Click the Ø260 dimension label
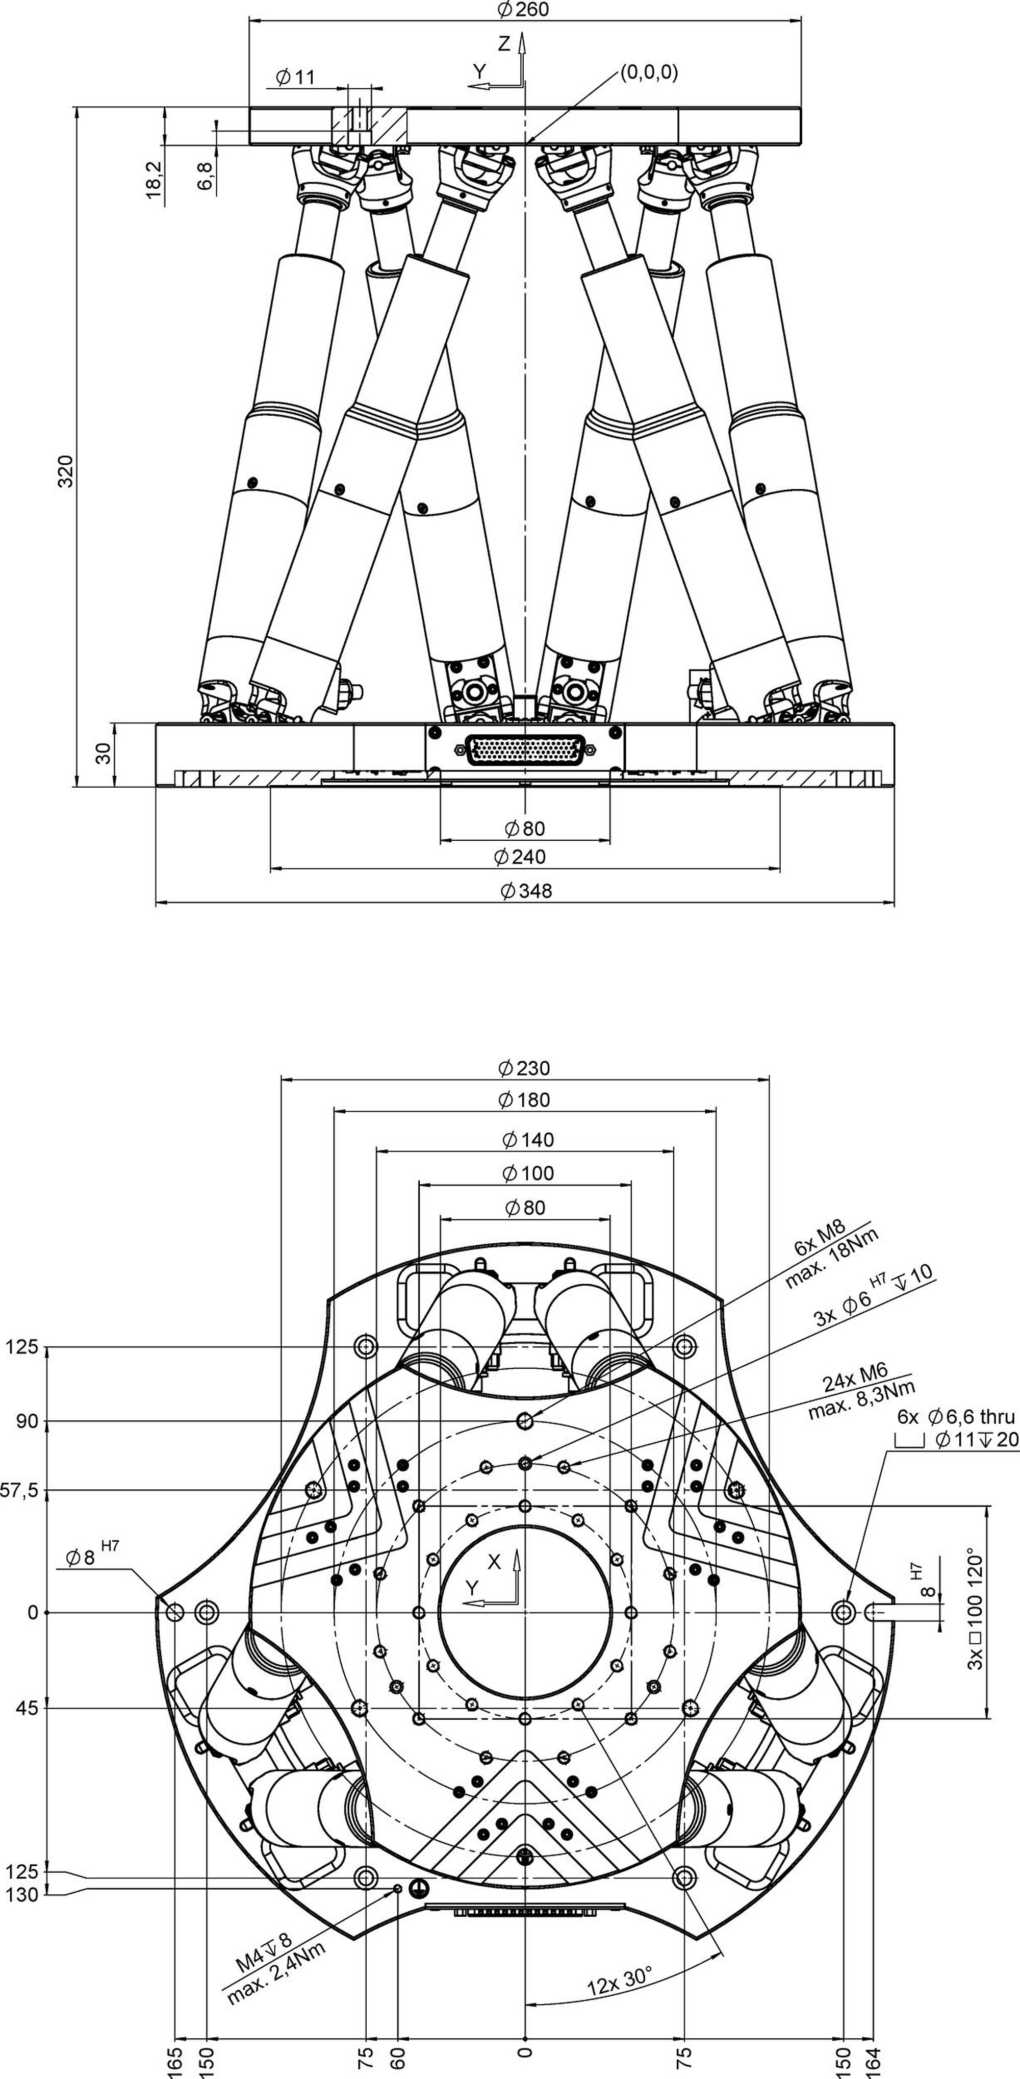click(x=524, y=10)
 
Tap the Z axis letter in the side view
click(x=504, y=44)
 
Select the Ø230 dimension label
click(x=524, y=1068)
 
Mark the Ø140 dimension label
click(x=528, y=1140)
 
